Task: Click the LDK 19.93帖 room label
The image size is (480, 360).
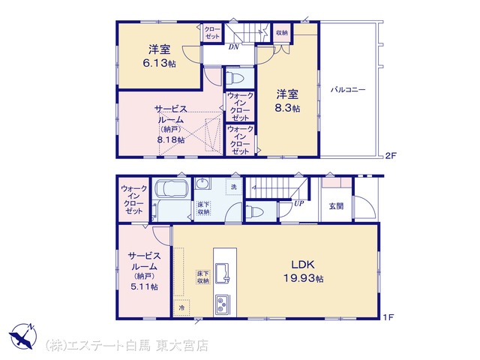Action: (x=303, y=271)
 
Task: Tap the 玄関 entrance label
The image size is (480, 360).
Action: (x=336, y=206)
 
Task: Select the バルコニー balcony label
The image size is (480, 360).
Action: (x=348, y=90)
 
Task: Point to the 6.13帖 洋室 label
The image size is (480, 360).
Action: (x=159, y=56)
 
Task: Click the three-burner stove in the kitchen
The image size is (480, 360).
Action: (x=223, y=304)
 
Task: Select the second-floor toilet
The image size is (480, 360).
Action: (x=236, y=78)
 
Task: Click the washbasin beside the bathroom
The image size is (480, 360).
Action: (x=202, y=184)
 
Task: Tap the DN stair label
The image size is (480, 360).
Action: (x=233, y=47)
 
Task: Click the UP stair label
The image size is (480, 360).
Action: (x=298, y=203)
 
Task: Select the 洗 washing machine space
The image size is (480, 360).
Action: (x=234, y=187)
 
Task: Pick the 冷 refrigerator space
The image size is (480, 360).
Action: (x=181, y=308)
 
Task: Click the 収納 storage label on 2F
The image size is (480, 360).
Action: (x=282, y=32)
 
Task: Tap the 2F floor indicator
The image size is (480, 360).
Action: (x=391, y=155)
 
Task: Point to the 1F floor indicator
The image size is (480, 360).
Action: (x=388, y=317)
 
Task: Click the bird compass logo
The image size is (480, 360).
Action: (x=22, y=336)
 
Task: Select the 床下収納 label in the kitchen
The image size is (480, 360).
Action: (x=203, y=277)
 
